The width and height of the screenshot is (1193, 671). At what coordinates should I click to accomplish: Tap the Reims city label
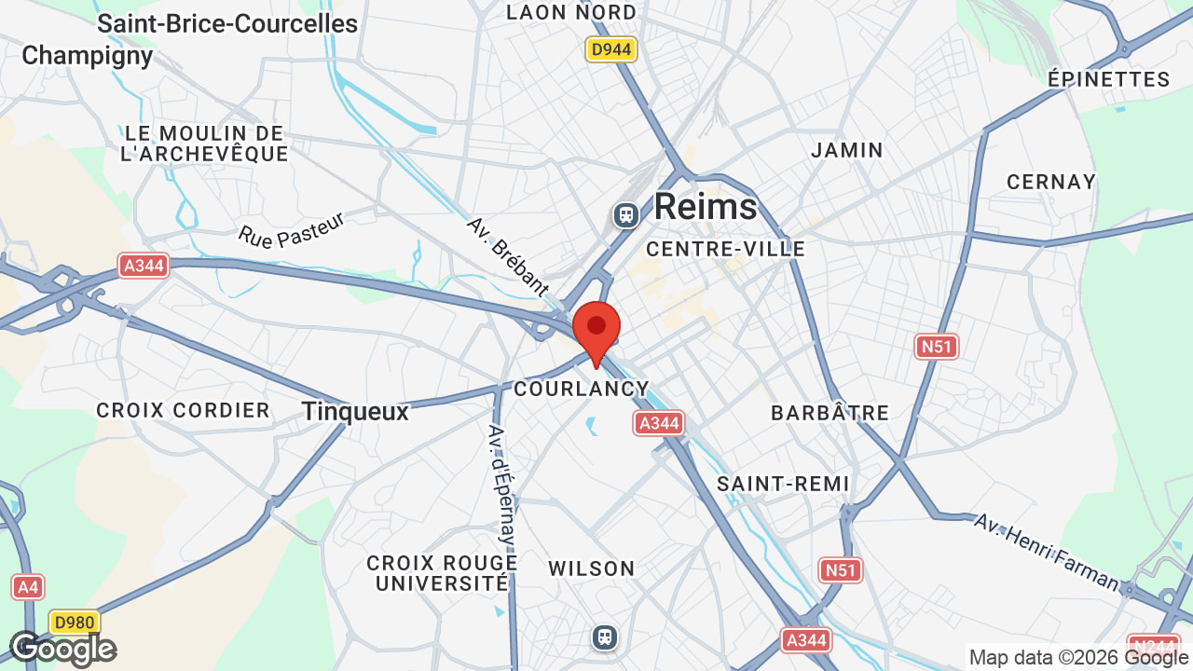(705, 206)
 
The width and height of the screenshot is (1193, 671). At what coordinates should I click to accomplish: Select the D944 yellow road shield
(611, 49)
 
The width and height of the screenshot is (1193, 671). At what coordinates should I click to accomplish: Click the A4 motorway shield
(28, 587)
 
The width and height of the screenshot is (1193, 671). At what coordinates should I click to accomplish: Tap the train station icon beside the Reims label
(626, 215)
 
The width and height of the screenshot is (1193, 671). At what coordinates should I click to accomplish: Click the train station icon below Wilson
(605, 637)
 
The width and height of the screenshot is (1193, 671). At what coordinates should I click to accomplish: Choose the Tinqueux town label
(355, 411)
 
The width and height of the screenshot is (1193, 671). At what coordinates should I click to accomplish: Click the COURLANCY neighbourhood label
(581, 389)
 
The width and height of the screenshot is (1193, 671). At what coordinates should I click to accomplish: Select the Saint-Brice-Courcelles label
(227, 23)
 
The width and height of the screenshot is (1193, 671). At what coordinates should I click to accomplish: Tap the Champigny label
(87, 55)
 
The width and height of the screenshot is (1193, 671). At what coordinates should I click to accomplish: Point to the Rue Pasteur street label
(292, 229)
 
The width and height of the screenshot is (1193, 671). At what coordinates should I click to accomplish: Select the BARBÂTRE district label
(830, 412)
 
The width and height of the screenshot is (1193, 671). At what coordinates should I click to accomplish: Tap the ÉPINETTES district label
(1108, 79)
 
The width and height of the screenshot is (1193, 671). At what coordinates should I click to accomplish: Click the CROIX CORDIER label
(183, 410)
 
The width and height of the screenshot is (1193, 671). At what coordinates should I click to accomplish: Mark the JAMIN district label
(846, 149)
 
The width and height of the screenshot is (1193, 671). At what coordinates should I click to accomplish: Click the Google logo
(62, 649)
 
